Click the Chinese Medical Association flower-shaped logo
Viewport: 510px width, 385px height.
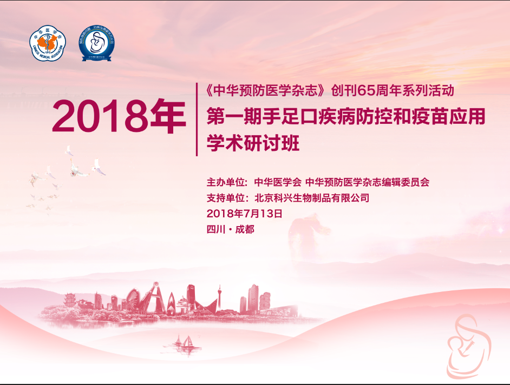[x=47, y=43]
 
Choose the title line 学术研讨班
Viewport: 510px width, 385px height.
[x=253, y=144]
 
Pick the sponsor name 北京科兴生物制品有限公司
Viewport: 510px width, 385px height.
[x=312, y=198]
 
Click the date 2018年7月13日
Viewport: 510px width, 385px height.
[x=244, y=213]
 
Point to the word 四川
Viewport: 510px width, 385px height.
[x=215, y=229]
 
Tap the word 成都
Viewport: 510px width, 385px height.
[x=245, y=229]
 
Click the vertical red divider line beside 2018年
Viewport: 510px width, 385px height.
[x=197, y=119]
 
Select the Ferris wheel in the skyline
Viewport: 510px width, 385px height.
[x=134, y=298]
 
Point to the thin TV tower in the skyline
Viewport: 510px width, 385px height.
[x=219, y=296]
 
